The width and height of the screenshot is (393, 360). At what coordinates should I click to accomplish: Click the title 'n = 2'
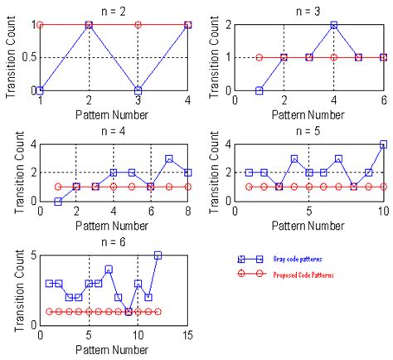pos(114,10)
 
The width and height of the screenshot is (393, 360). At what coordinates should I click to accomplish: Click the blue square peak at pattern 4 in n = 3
pos(334,25)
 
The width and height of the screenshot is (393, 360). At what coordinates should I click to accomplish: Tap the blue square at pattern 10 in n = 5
pos(383,144)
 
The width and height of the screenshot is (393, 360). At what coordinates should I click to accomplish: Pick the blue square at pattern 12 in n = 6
pos(158,255)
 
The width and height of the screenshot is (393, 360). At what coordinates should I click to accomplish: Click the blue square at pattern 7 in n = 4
pos(169,158)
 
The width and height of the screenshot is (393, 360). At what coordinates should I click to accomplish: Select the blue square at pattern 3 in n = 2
pos(138,90)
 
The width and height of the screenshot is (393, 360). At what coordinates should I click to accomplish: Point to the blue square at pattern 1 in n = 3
pos(259,90)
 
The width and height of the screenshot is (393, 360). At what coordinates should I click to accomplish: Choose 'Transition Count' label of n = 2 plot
pos(10,57)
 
